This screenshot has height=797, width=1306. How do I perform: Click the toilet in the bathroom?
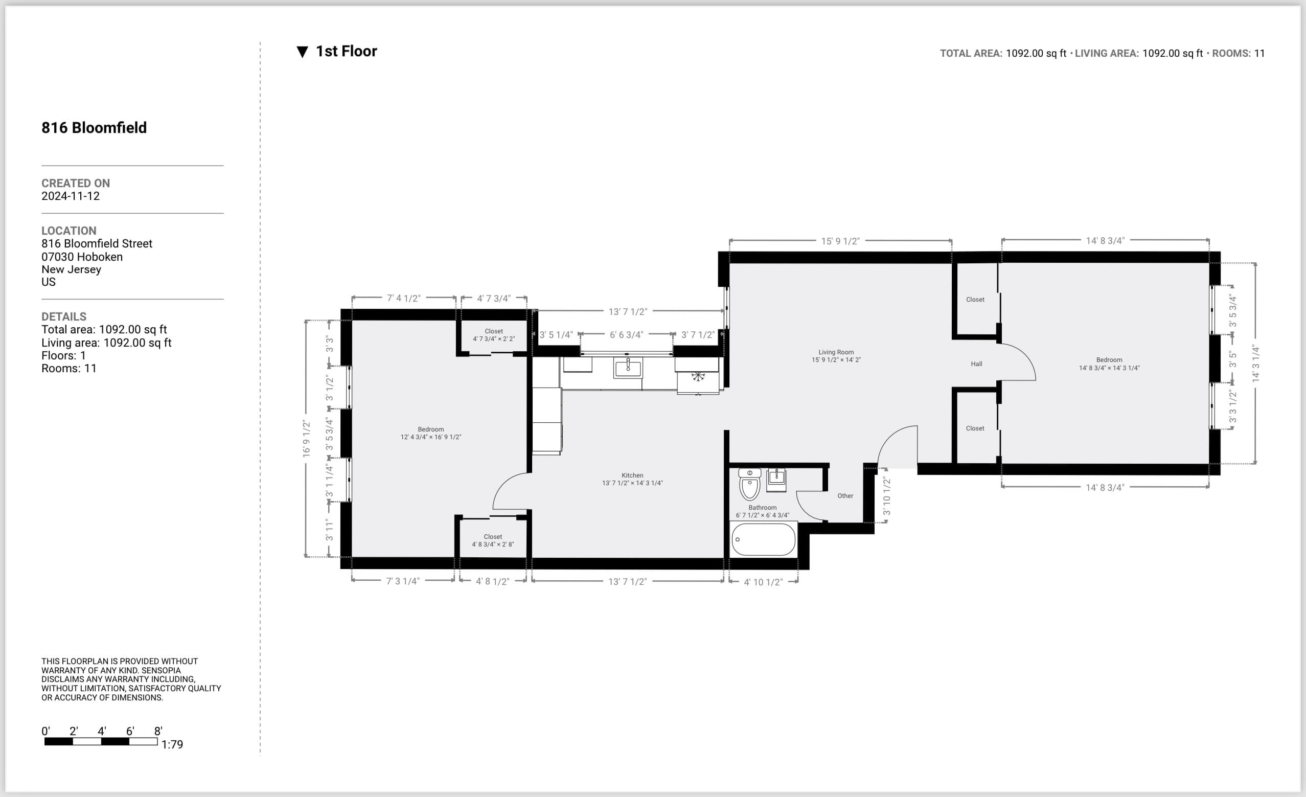749,485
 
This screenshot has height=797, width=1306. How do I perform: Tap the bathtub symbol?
763,539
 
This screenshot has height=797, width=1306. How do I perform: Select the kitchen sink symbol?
628,367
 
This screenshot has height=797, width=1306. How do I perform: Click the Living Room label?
836,352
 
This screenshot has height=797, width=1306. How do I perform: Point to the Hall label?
976,364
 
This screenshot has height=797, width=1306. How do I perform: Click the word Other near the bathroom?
845,496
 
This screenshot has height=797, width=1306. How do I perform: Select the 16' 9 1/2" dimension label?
306,438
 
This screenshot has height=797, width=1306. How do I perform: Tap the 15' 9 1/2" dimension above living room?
840,241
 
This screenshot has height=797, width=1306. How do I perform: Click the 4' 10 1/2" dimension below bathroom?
763,582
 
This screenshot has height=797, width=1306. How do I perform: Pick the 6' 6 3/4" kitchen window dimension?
626,335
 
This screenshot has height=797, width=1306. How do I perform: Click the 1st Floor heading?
346,52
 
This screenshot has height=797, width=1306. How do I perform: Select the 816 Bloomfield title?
95,128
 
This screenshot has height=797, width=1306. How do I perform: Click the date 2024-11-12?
71,196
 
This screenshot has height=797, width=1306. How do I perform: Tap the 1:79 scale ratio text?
172,744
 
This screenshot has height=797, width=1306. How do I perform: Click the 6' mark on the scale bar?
130,731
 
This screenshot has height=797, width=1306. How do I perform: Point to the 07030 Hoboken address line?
82,257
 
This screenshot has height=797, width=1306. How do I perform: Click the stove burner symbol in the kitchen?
698,376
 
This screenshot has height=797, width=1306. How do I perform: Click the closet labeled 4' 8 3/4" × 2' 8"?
492,540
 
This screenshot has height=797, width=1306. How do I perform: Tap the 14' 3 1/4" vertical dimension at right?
1255,364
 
